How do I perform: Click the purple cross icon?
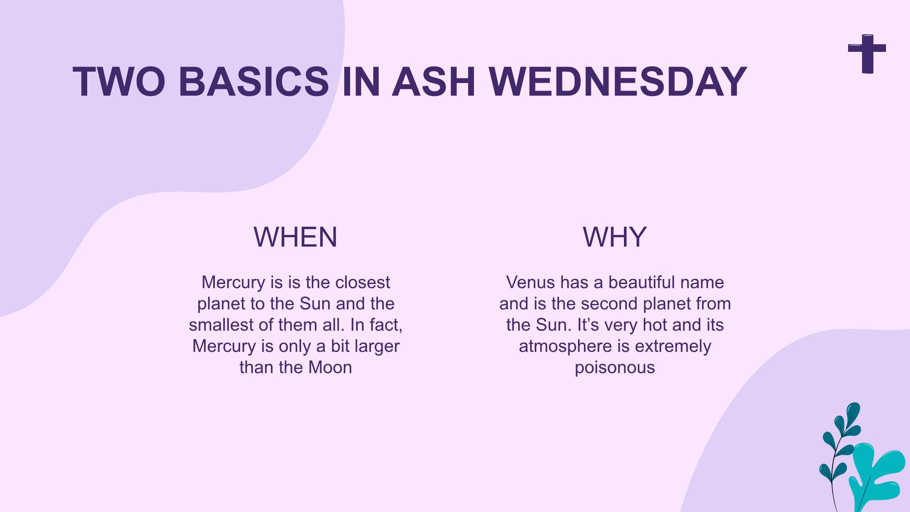pos(867,54)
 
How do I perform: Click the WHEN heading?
pos(295,237)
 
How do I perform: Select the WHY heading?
pos(615,237)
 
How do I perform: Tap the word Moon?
pos(330,367)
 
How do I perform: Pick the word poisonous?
pos(615,368)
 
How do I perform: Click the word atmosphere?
pos(565,346)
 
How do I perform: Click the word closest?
pos(363,282)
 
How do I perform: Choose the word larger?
pos(377,347)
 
